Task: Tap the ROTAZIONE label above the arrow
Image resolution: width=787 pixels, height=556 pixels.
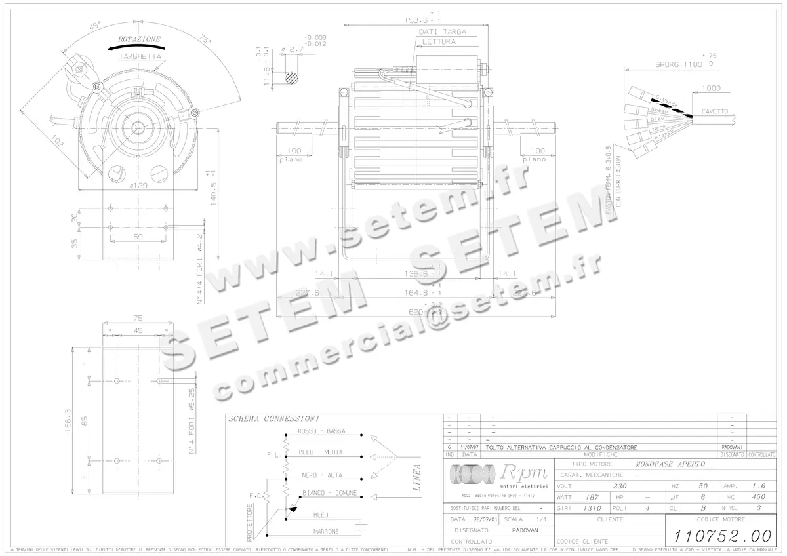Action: tap(139, 39)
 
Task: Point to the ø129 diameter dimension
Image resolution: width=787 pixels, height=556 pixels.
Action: tap(138, 186)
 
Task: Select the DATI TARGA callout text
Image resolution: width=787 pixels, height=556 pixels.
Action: tap(443, 31)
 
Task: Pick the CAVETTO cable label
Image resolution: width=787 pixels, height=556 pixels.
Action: tap(714, 111)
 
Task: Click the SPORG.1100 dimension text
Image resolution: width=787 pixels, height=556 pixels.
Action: tap(679, 64)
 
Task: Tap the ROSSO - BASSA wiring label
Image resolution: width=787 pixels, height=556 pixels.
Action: tap(321, 431)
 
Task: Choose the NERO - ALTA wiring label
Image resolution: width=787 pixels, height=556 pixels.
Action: tap(317, 475)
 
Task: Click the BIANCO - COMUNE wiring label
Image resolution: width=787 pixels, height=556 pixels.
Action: tap(329, 492)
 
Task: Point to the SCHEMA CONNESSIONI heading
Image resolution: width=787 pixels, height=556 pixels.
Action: tap(273, 418)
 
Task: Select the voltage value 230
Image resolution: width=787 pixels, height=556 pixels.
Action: tap(619, 486)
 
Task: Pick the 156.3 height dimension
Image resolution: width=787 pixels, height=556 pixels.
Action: tap(67, 422)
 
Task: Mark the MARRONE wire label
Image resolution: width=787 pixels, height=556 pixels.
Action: tap(326, 530)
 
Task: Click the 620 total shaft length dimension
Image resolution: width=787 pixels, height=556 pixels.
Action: tap(415, 312)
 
